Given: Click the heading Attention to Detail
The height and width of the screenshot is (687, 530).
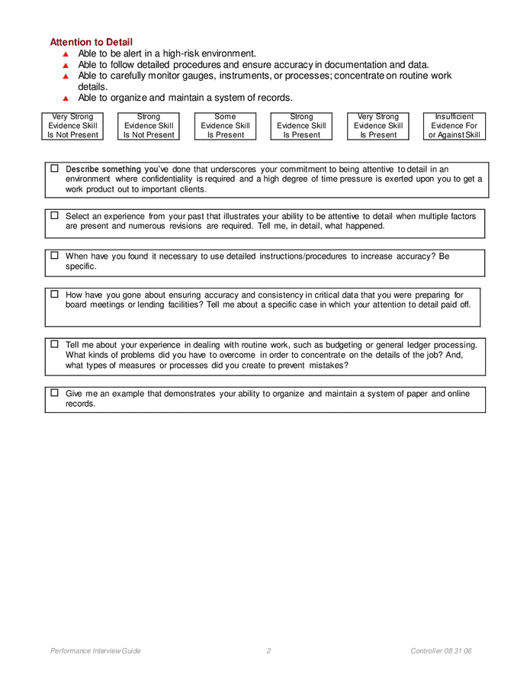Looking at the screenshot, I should coord(91,42).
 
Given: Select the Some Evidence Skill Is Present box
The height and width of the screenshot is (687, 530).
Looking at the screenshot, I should coord(225,126).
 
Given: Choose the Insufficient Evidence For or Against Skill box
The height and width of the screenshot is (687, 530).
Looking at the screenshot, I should coord(454,126).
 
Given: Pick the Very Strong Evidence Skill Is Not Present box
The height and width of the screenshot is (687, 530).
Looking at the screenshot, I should coord(72,126).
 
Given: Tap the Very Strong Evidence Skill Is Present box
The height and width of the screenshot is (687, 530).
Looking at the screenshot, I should coord(378,126).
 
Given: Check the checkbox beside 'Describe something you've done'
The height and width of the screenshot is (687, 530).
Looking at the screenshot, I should coord(55,168).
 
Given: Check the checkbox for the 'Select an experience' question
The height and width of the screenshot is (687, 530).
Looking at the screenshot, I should coord(55,215).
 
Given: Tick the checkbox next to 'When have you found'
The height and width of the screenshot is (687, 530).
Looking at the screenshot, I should coord(55,255).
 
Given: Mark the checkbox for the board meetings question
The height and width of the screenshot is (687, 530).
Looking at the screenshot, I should coord(55,294).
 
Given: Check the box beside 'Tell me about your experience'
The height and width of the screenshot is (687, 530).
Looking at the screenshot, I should coord(55,344).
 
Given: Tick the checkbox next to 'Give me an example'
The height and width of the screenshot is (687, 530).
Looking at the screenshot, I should coord(55,392).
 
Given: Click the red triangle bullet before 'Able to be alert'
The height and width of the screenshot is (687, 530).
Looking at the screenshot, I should coord(66,54).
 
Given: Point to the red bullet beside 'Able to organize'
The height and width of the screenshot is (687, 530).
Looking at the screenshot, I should coord(66,98).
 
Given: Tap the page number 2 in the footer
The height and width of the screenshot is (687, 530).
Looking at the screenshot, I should coord(268,651).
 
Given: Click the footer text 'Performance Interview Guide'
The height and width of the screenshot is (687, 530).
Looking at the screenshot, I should coord(95,651).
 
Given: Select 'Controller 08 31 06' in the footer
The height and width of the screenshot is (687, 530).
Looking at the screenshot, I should coord(441,651).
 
